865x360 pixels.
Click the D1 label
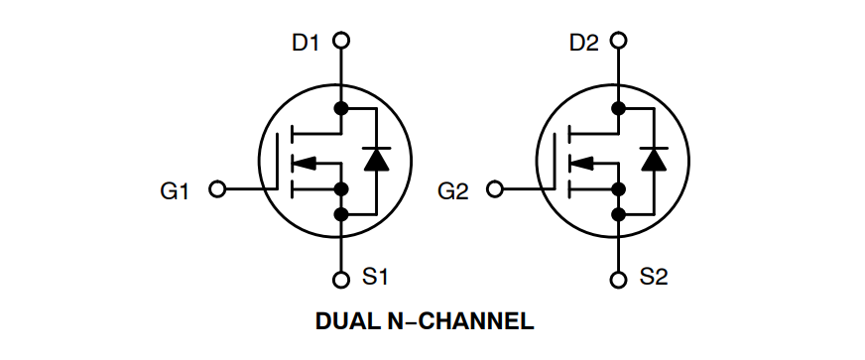(306, 42)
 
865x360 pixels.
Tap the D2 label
(584, 42)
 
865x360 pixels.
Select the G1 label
(175, 190)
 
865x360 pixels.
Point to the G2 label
(452, 190)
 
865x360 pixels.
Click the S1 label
(374, 278)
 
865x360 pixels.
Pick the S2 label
(654, 278)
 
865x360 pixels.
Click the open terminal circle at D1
(341, 41)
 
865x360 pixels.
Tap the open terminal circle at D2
(620, 41)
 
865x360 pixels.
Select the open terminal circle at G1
(218, 188)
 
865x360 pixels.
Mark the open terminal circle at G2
(496, 188)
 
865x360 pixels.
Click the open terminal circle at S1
(341, 279)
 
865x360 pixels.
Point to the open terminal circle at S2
(620, 279)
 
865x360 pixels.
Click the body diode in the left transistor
(375, 159)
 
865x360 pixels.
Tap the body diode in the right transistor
(653, 159)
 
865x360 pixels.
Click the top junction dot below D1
(341, 108)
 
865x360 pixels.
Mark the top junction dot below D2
(620, 108)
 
